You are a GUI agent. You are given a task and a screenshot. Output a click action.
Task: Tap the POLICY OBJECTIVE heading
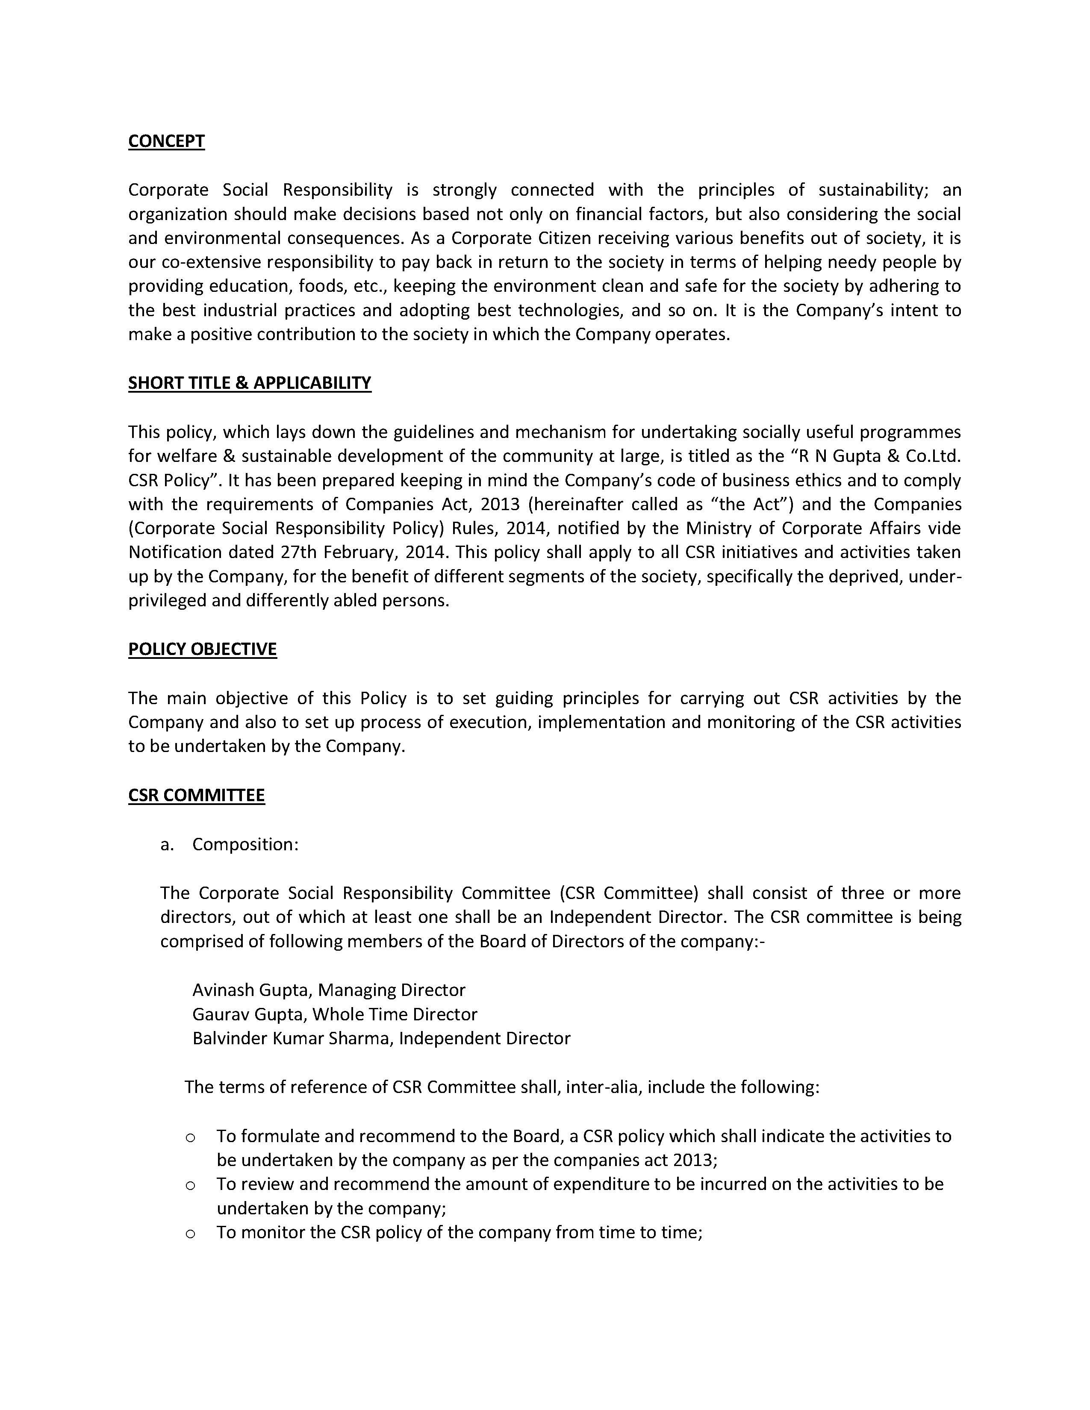[x=202, y=649]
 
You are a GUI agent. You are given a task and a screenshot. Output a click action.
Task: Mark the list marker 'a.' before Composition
[x=167, y=844]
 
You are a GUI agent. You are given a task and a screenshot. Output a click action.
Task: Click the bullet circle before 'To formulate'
[x=191, y=1137]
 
